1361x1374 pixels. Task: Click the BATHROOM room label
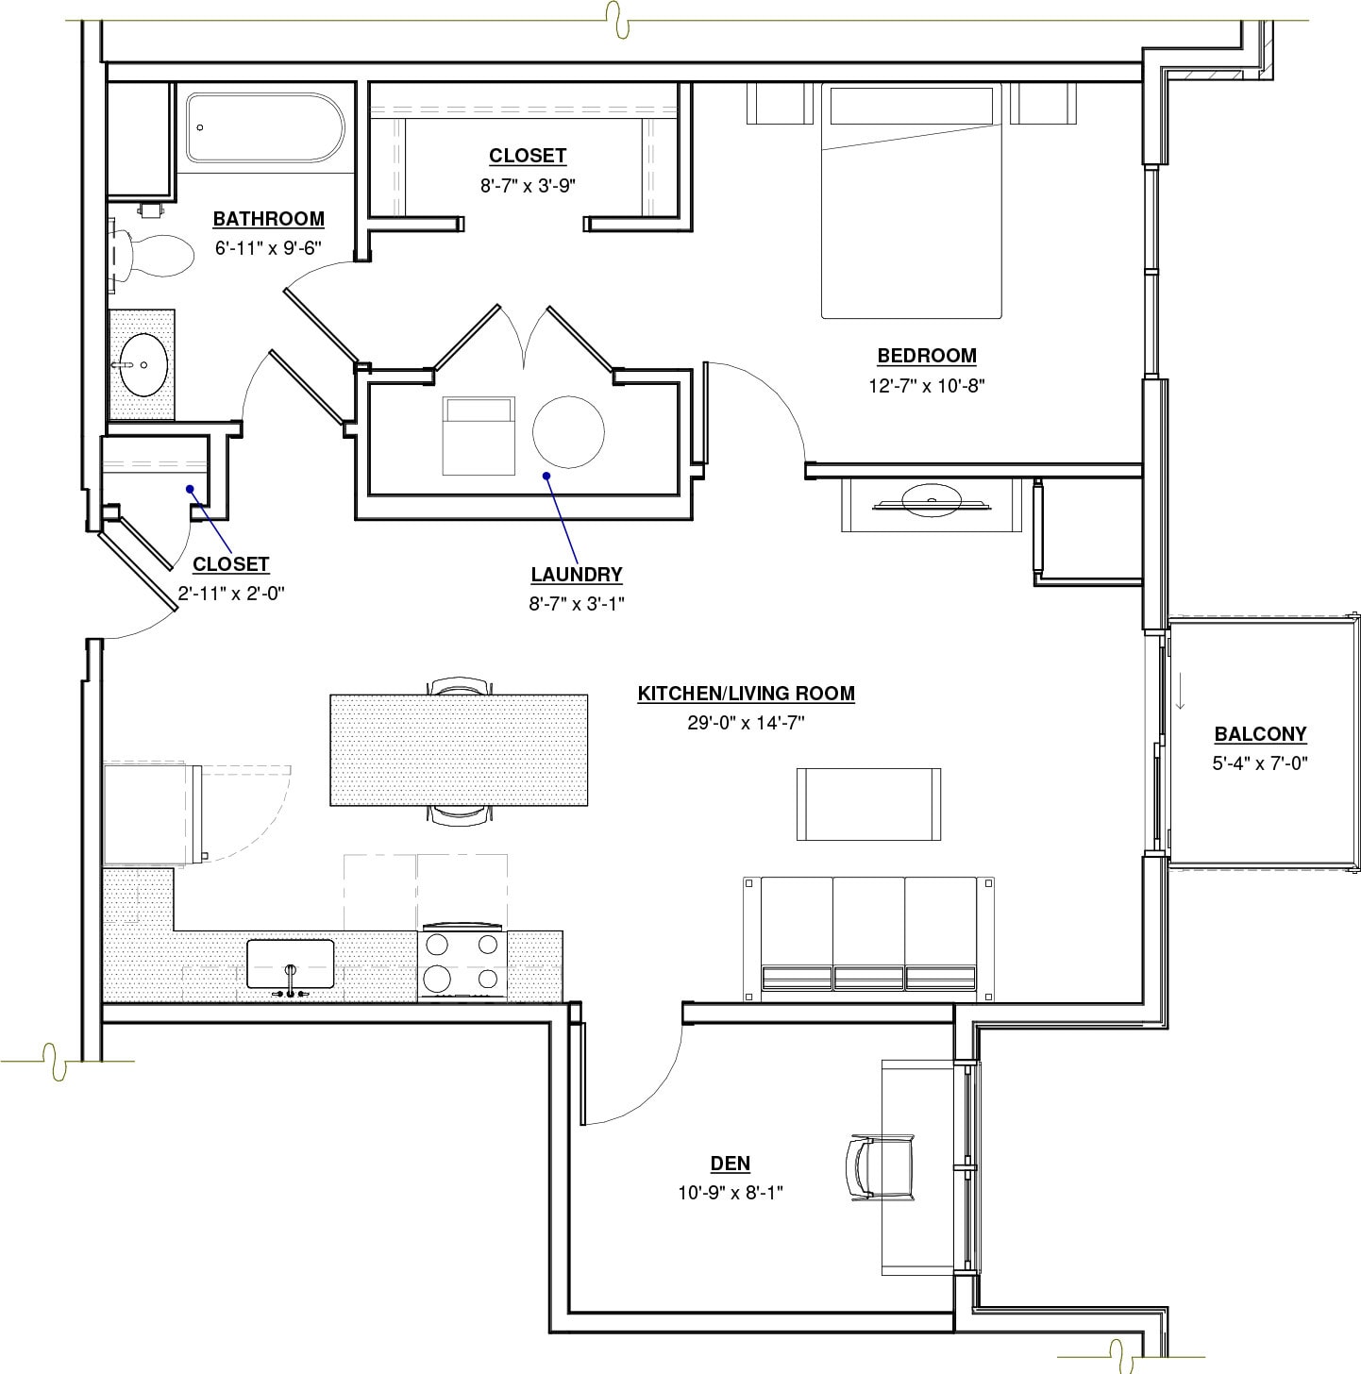coord(268,219)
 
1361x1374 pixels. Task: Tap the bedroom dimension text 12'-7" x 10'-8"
coord(927,385)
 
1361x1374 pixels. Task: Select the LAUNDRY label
coord(576,574)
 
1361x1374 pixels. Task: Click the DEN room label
coord(730,1164)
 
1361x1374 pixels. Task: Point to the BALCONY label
coord(1260,733)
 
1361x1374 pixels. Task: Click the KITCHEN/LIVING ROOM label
coord(746,694)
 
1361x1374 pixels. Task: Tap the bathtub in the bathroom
coord(263,126)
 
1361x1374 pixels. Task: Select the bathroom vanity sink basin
coord(143,363)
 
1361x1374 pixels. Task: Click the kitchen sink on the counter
coord(290,963)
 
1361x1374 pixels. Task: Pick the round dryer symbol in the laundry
coord(567,431)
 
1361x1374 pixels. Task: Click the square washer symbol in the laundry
coord(479,435)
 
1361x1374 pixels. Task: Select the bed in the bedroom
coord(911,201)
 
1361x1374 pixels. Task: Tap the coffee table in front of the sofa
coord(868,804)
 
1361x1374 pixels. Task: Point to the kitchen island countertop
coord(459,750)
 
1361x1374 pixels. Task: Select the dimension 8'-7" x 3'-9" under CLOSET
coord(527,186)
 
